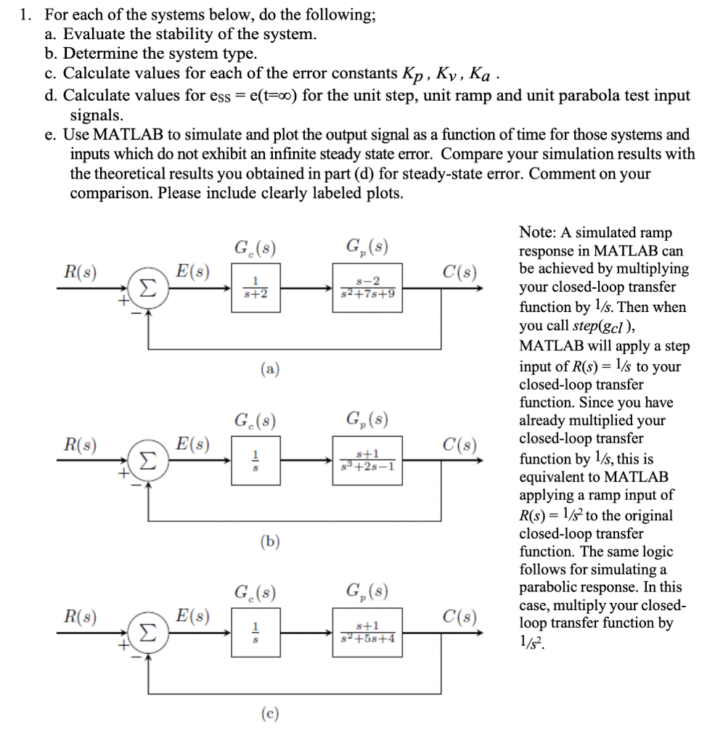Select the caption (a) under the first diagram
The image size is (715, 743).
tap(269, 369)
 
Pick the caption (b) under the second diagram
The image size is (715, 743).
tap(269, 541)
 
